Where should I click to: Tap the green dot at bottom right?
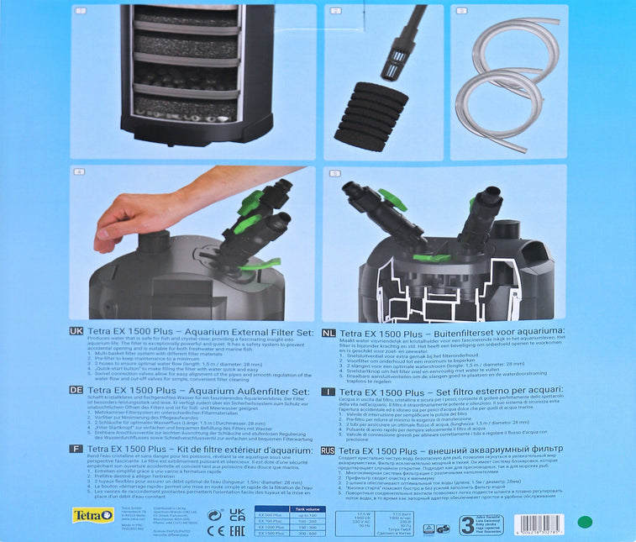[x=585, y=522]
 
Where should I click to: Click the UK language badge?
[x=76, y=332]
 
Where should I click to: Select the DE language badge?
[x=76, y=391]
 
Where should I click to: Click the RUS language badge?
[x=328, y=450]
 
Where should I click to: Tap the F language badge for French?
[x=76, y=450]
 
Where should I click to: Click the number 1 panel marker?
[x=81, y=11]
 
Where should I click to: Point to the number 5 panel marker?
[x=334, y=174]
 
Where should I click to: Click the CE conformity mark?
[x=214, y=529]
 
